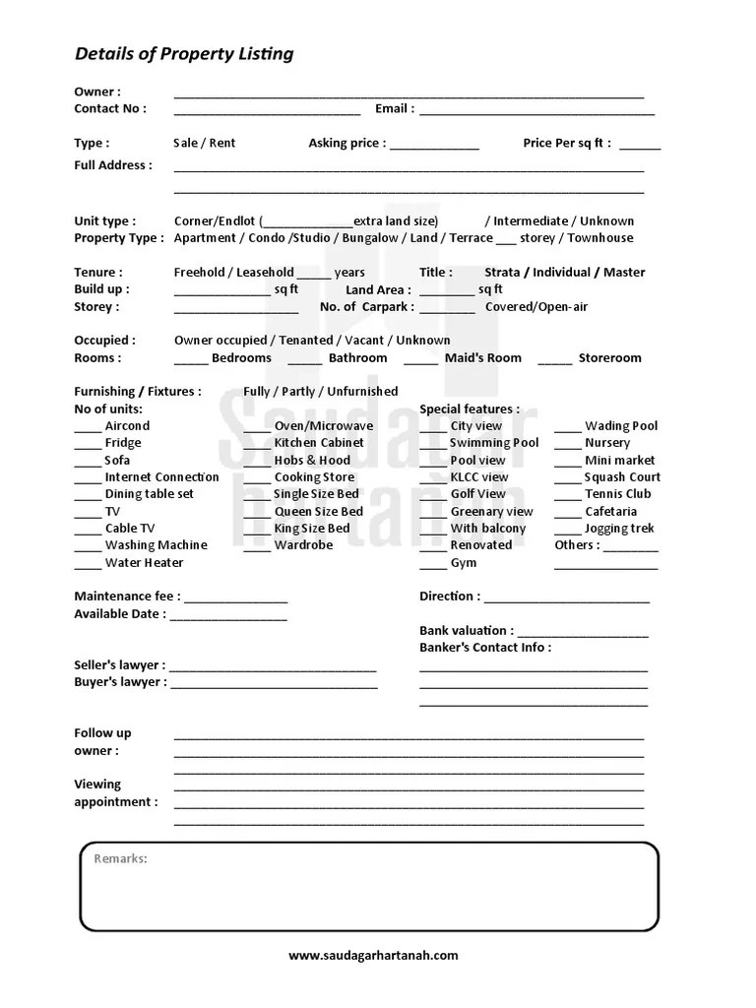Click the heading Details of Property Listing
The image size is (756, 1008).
pos(184,54)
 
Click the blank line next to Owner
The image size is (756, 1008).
pos(409,95)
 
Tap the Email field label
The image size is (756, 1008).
pos(394,109)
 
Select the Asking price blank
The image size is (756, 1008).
pos(434,147)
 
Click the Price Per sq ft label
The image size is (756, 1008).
pos(566,144)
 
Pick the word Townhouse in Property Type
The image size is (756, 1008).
pos(600,238)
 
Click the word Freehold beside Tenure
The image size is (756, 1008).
pos(202,273)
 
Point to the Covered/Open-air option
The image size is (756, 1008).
pos(535,307)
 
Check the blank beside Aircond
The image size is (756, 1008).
pos(88,429)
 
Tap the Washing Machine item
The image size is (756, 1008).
pos(156,545)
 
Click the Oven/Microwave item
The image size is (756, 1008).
pos(324,426)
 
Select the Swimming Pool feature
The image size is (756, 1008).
pos(494,443)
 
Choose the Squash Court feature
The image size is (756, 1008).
pos(622,477)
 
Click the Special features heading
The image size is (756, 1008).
pos(470,409)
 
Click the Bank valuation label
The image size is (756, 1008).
pos(466,631)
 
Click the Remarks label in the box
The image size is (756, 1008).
pos(120,859)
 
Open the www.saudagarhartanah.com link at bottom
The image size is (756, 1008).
pos(373,955)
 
